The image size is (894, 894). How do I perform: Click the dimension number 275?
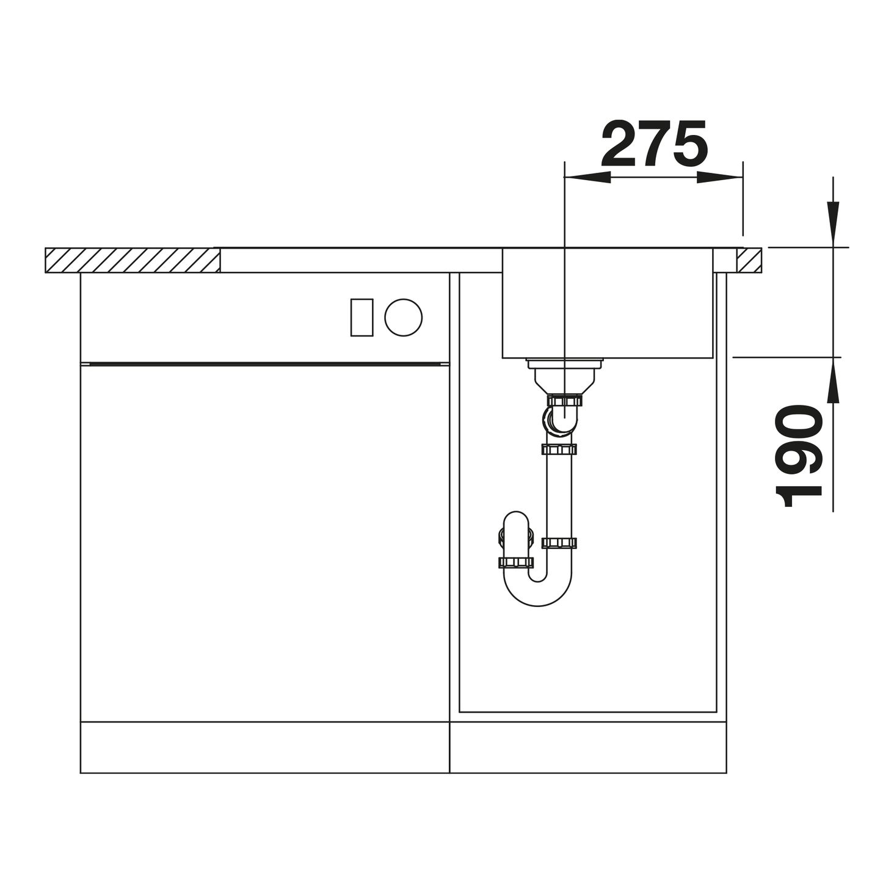pos(655,144)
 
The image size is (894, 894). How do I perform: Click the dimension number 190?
pos(799,457)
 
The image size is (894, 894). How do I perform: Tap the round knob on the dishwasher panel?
pos(403,318)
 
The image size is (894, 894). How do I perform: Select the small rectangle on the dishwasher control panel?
pos(362,318)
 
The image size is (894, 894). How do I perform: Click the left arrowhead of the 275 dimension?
pos(587,176)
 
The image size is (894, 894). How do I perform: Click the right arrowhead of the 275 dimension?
pos(719,176)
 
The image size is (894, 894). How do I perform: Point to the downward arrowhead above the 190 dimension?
pos(833,223)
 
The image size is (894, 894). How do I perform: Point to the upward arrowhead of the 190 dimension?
pos(833,380)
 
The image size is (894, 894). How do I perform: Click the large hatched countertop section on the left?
pos(133,260)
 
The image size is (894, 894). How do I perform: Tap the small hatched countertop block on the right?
pos(749,260)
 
